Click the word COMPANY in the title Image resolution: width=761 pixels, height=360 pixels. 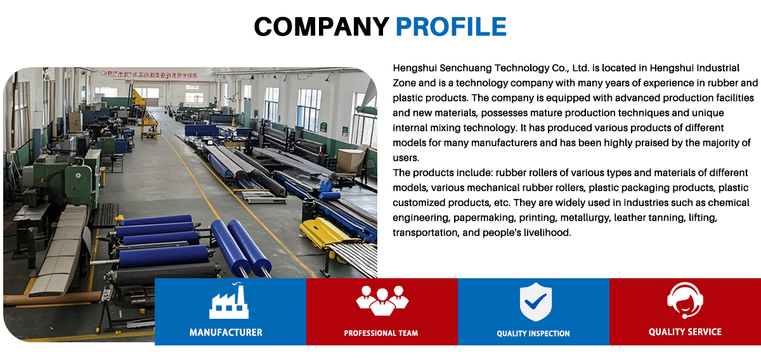322,27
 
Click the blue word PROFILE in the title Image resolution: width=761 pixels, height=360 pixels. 451,27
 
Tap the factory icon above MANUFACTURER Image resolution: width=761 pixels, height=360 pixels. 229,301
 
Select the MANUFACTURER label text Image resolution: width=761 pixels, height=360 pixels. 226,333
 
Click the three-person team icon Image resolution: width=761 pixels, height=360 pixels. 382,300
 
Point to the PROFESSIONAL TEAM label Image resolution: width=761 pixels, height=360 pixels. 381,333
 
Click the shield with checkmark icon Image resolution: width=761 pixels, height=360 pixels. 536,302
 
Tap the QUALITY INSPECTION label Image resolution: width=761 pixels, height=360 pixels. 533,333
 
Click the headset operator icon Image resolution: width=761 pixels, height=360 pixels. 685,300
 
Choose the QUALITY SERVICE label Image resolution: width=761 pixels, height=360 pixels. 685,332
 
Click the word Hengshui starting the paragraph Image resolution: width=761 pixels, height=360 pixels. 415,68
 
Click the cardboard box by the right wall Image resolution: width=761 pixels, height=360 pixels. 351,160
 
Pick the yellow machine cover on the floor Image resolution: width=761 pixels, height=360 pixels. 323,233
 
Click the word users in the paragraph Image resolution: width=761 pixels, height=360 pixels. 406,158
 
